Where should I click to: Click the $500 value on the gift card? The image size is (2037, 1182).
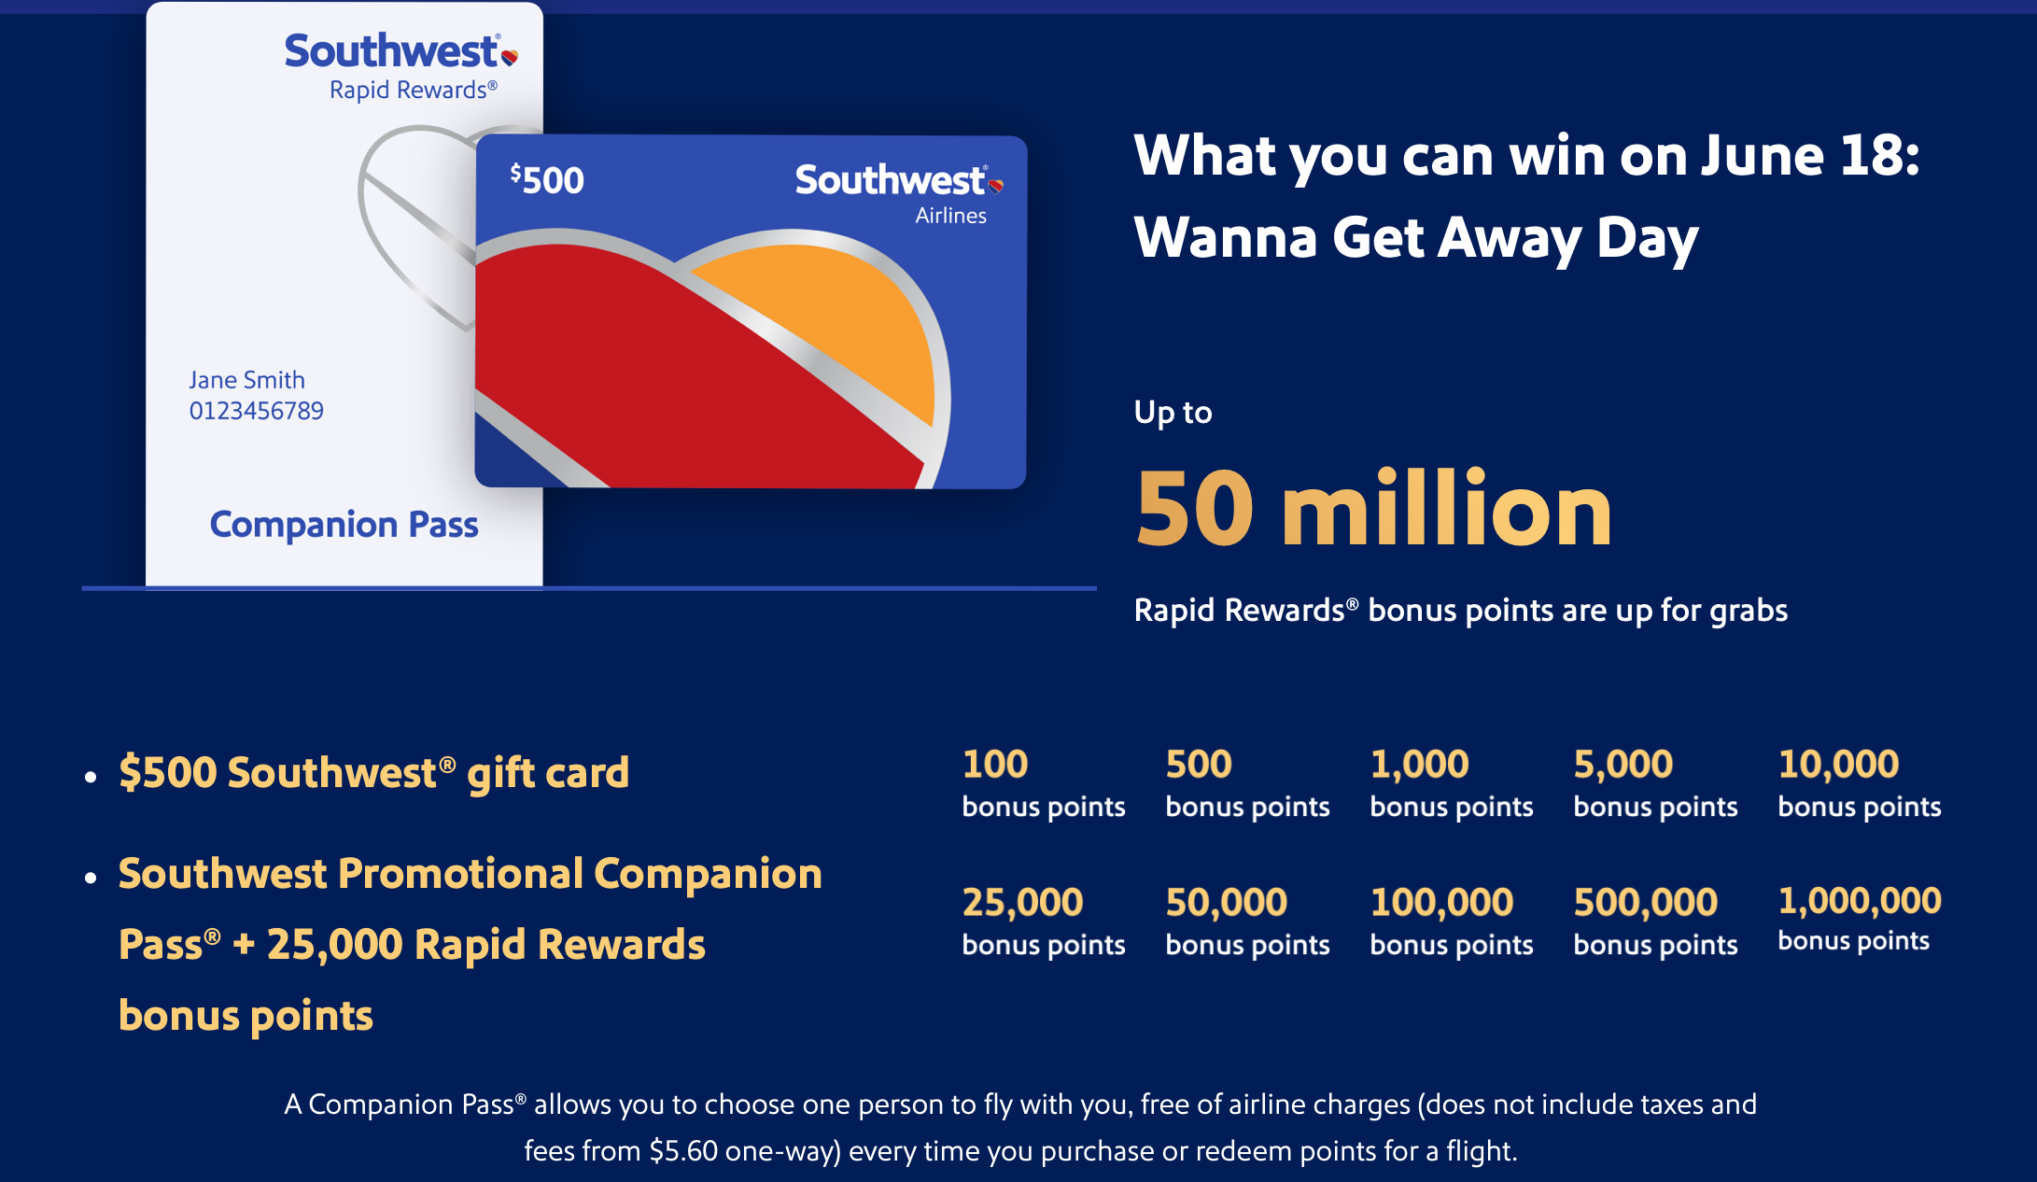coord(547,179)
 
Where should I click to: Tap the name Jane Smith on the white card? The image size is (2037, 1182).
coord(247,380)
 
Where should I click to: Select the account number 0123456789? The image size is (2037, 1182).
coord(257,411)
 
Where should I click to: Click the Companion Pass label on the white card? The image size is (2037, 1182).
coord(344,525)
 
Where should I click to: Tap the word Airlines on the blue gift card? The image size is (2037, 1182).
coord(950,216)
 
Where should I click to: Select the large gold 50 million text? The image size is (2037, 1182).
coord(1373,509)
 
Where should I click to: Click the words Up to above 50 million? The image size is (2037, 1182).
coord(1173,413)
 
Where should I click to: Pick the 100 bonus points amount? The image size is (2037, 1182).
coord(995,765)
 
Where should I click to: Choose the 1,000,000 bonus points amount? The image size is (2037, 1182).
coord(1860,901)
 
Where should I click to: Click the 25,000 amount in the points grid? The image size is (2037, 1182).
coord(1022,903)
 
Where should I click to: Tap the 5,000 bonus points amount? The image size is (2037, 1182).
coord(1623,765)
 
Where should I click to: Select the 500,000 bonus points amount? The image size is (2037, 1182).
coord(1646,903)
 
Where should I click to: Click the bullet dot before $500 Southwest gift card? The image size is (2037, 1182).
coord(91,777)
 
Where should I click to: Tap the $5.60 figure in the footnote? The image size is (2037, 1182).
coord(684,1151)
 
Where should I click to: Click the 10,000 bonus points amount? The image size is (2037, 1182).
coord(1838,765)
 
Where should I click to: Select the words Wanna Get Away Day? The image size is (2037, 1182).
coord(1416,238)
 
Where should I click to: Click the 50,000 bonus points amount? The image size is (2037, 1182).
coord(1227,903)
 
